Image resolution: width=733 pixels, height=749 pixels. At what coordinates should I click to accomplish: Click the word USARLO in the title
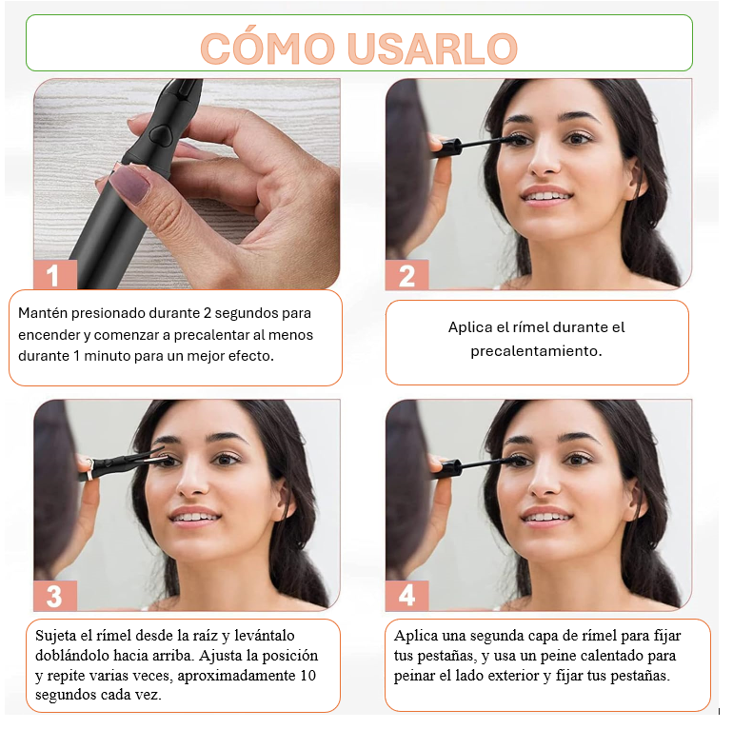[x=433, y=49]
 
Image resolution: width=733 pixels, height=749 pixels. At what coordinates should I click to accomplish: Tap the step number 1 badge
[x=55, y=275]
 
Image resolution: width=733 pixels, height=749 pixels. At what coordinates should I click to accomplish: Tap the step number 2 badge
[x=406, y=275]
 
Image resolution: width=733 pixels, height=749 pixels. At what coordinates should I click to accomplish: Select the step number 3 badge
[x=55, y=596]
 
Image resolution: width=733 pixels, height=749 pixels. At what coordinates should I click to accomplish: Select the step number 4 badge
[x=406, y=596]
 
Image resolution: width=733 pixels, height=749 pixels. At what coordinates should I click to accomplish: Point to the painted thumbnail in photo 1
[x=129, y=184]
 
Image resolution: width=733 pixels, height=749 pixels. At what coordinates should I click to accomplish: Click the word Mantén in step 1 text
[x=42, y=313]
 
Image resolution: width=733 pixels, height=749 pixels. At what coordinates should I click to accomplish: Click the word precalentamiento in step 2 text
[x=536, y=351]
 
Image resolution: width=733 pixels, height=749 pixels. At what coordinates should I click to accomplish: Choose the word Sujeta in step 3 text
[x=56, y=636]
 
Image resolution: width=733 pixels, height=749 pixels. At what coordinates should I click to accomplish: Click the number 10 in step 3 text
[x=308, y=676]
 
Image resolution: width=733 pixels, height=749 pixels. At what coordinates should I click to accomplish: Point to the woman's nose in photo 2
[x=543, y=161]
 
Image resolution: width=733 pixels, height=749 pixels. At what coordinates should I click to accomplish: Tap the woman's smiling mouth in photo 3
[x=194, y=518]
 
